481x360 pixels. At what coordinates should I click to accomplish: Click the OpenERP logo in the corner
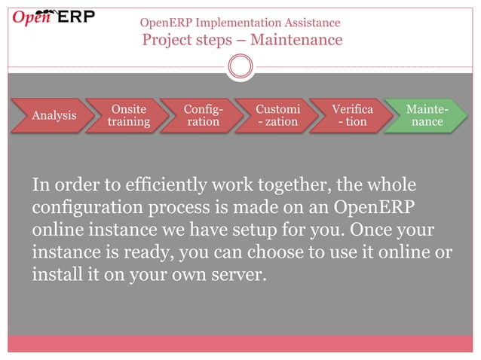(x=53, y=17)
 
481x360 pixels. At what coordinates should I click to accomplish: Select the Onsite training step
(x=128, y=115)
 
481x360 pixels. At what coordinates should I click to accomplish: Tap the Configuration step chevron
(x=202, y=115)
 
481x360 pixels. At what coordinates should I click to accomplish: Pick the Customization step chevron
(x=277, y=115)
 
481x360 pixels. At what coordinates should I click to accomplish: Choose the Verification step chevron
(x=351, y=115)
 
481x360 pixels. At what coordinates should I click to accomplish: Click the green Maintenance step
(x=424, y=115)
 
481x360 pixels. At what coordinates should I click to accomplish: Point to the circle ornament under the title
(x=240, y=67)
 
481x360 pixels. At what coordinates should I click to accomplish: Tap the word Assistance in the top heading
(x=310, y=23)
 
